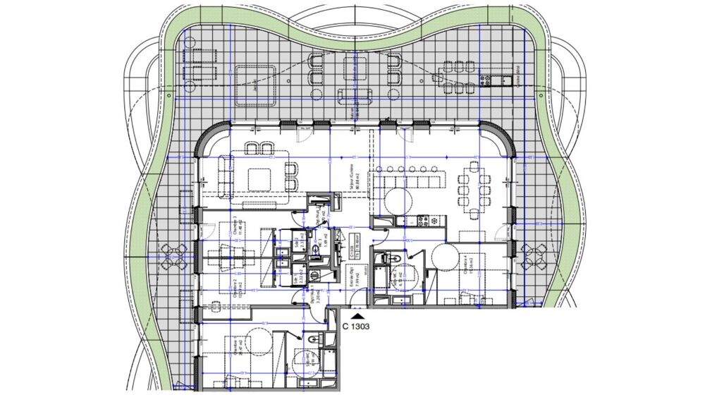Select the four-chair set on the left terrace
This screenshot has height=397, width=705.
[173, 257]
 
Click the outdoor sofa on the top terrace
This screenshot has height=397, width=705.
[351, 95]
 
